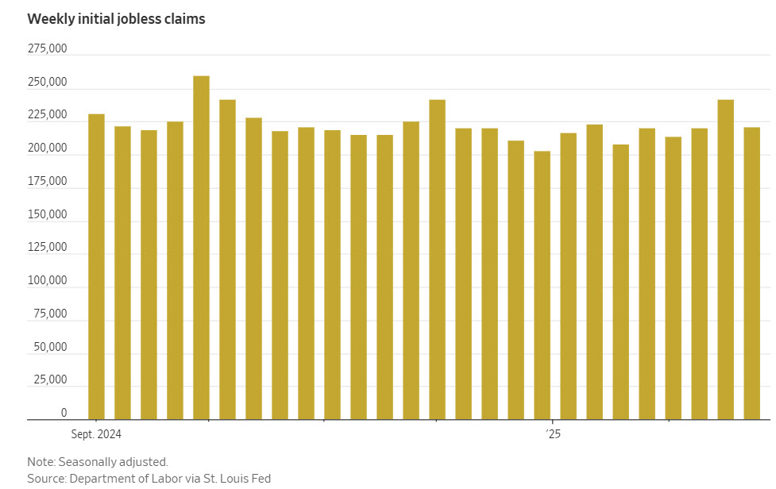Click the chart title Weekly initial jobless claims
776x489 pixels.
click(x=116, y=19)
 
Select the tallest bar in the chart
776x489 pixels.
click(x=201, y=246)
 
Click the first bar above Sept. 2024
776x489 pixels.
click(x=96, y=266)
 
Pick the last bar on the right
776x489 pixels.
click(x=751, y=272)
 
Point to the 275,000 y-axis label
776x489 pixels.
click(x=47, y=49)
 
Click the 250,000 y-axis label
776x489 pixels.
click(x=47, y=83)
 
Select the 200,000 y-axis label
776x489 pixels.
click(x=47, y=149)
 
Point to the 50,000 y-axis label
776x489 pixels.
click(x=49, y=348)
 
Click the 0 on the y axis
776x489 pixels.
click(x=64, y=414)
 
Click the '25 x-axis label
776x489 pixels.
click(x=553, y=434)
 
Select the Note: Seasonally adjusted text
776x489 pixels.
click(x=98, y=461)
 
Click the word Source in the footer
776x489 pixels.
click(x=45, y=478)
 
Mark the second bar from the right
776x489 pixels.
click(x=725, y=259)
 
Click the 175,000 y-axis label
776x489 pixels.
click(x=47, y=183)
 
